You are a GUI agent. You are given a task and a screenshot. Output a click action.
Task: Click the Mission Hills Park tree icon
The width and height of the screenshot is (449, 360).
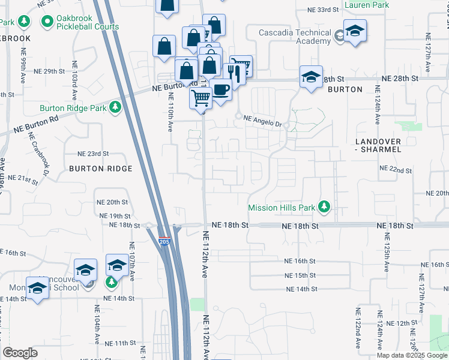point(325,208)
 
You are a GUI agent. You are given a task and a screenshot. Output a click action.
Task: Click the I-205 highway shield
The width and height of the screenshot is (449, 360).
point(166,241)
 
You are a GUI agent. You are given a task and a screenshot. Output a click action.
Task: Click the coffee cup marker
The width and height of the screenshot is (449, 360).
point(221,90)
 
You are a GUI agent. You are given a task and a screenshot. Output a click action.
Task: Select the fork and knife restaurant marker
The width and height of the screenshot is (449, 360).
point(234,73)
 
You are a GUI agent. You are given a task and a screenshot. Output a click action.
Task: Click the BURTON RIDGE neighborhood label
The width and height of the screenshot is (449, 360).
point(100,169)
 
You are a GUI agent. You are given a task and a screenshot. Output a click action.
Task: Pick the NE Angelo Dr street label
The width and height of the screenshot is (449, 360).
point(263,119)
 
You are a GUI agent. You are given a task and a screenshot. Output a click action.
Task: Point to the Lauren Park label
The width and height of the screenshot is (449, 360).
point(367,5)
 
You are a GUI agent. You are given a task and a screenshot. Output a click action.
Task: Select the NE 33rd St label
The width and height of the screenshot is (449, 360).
point(324,10)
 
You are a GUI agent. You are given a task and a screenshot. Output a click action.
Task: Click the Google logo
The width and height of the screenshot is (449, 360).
point(20,353)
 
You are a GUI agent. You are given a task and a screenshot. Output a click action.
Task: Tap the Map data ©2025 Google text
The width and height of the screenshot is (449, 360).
point(412,355)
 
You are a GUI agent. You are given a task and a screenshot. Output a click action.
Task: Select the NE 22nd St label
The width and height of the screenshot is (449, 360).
point(397,171)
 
